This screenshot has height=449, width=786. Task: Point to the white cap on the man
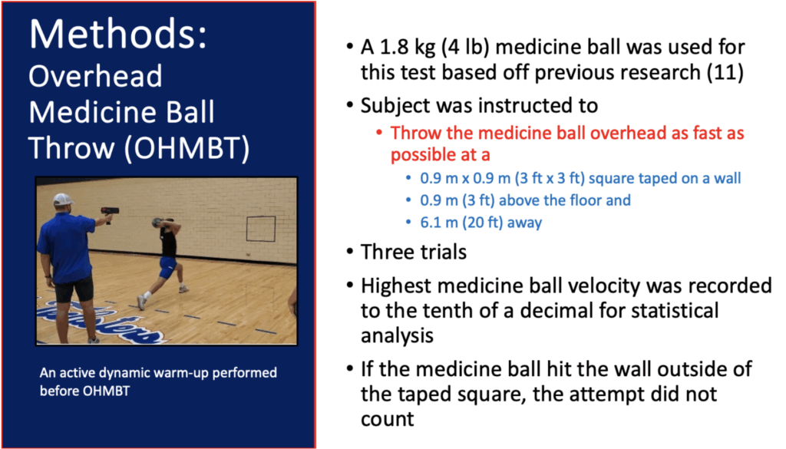[x=63, y=200]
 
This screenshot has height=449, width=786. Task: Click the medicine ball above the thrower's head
[x=157, y=222]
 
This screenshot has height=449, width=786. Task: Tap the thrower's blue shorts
[x=167, y=268]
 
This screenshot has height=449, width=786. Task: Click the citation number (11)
[x=725, y=72]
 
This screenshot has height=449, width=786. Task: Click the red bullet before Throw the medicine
[x=379, y=133]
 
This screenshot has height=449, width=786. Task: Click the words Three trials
[x=414, y=252]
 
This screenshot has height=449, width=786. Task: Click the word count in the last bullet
[x=388, y=419]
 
